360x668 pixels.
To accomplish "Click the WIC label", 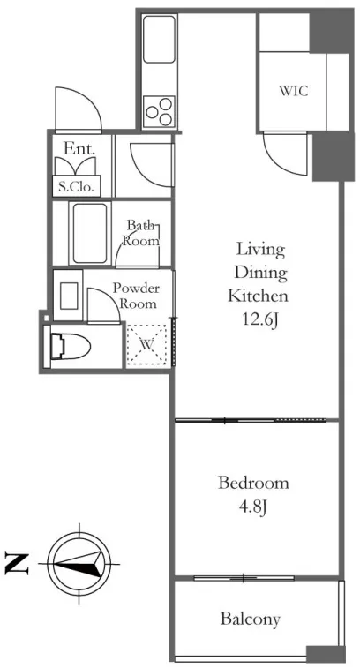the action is (294, 91).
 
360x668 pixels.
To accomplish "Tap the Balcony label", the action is (251, 619).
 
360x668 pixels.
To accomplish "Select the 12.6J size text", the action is (260, 319).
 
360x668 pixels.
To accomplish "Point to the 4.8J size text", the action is (253, 507).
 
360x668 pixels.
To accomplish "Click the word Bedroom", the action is (253, 484).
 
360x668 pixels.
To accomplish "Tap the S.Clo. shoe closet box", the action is (77, 186).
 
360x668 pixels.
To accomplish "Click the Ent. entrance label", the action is (79, 148).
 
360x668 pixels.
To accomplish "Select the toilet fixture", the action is (68, 347).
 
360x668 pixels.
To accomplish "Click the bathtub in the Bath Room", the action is (89, 233).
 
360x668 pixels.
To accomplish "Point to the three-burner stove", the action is (159, 111).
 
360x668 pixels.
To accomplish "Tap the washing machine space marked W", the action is (147, 345).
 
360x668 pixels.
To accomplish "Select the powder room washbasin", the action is (68, 296).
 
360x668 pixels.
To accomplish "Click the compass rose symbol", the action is (79, 564).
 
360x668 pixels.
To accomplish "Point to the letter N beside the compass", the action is (17, 564).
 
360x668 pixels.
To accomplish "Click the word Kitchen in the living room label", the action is (259, 296).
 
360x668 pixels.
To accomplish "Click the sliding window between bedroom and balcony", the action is (244, 578).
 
